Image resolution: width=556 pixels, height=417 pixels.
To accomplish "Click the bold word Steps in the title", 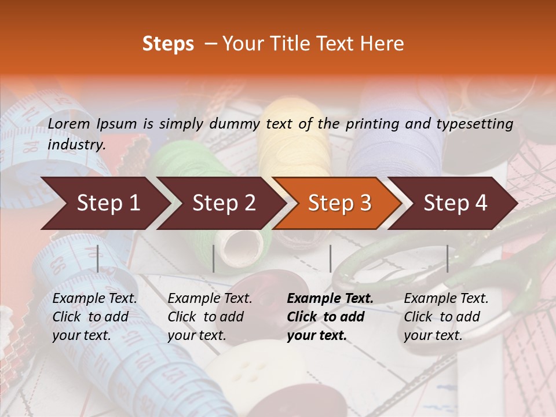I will [x=168, y=44].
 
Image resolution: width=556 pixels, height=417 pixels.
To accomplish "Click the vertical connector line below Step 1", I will [x=97, y=258].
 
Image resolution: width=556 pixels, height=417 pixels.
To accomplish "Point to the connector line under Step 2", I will [x=214, y=258].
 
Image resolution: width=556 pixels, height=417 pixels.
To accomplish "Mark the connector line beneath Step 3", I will [x=330, y=258].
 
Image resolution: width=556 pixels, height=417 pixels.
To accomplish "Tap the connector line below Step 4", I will [x=447, y=258].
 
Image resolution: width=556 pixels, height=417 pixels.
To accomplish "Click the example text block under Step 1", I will [x=94, y=317].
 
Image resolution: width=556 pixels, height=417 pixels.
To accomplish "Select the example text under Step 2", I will [x=210, y=317].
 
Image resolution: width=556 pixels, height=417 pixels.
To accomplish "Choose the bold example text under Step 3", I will [x=330, y=317].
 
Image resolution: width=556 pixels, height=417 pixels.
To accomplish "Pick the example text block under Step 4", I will [x=446, y=317].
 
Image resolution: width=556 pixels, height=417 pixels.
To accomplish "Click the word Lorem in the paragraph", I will [x=69, y=123].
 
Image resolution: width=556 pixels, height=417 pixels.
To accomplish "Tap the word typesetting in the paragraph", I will [x=478, y=124].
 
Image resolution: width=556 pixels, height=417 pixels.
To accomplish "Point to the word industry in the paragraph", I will [x=76, y=145].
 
